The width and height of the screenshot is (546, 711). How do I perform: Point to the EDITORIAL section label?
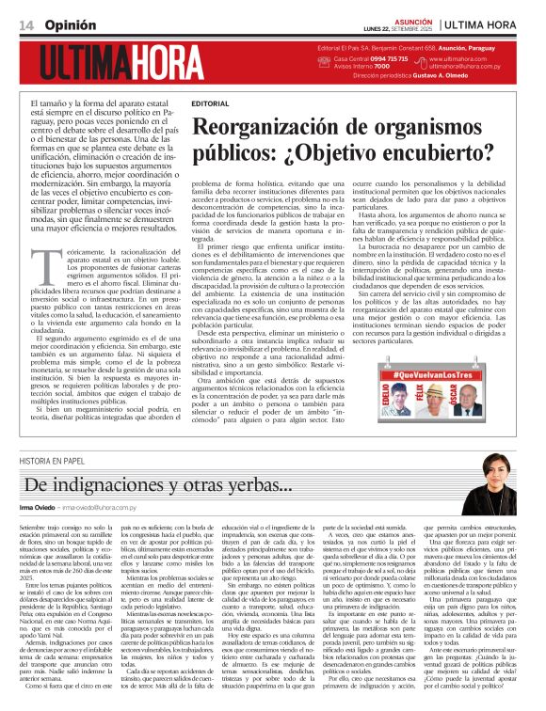pyautogui.click(x=209, y=103)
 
